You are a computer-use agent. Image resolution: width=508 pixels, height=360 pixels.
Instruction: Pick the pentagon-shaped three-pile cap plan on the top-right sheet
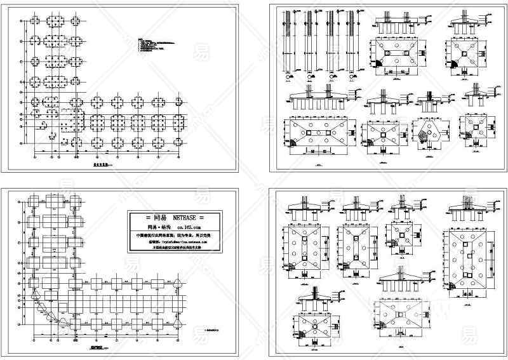(x=427, y=134)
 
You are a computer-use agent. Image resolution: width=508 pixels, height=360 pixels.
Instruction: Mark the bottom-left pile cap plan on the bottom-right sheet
(x=316, y=324)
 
